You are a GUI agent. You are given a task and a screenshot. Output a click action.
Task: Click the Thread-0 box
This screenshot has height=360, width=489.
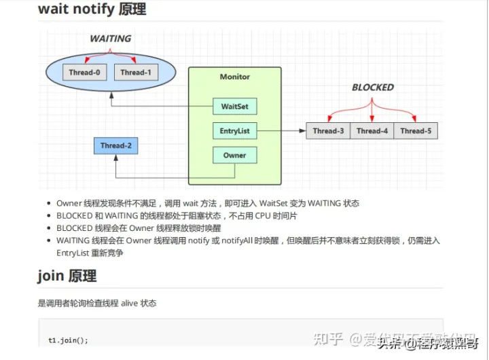point(85,72)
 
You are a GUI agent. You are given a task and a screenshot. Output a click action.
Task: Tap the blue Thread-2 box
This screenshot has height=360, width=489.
point(115,145)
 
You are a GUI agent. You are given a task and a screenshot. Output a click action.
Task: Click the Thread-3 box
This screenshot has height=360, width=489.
point(328,130)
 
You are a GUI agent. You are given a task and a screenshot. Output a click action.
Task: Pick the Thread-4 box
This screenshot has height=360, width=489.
point(373,130)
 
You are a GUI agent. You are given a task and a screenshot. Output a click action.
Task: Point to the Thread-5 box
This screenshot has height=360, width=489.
point(416,130)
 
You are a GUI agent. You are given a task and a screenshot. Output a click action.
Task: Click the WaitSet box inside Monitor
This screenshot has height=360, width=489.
point(234,107)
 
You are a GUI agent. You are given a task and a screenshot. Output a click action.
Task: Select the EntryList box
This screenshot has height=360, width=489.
point(234,130)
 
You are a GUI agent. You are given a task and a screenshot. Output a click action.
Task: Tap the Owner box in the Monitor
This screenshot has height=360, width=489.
point(234,156)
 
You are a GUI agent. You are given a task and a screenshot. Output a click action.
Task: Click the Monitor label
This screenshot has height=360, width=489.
point(234,77)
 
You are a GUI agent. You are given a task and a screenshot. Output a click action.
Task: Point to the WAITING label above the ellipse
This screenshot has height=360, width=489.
point(111,39)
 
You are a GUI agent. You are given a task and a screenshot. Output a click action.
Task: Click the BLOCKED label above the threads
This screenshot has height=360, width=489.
point(372,88)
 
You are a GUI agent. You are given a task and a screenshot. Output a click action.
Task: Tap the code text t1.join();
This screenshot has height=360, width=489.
point(68,340)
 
